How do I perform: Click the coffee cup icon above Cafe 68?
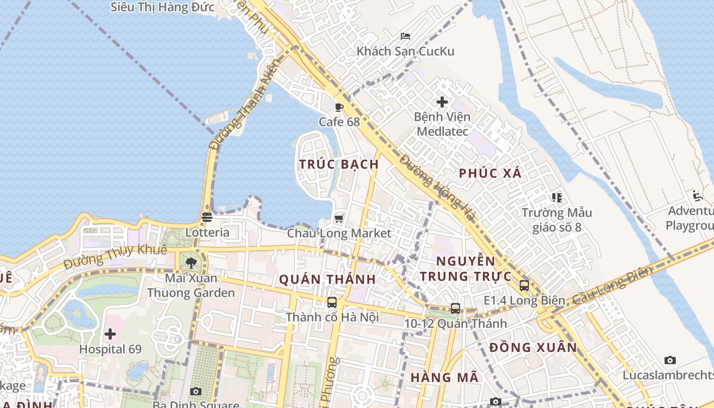339,107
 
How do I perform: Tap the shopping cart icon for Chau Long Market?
339,218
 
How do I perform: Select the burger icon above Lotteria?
207,217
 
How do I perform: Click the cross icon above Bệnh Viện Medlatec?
442,102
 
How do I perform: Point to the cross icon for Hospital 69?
110,335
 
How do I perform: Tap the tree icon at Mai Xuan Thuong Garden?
191,263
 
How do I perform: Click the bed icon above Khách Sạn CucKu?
405,36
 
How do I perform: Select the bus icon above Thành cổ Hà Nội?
332,302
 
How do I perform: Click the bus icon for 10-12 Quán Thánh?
455,308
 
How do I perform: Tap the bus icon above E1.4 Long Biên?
524,285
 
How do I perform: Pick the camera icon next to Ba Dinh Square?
195,391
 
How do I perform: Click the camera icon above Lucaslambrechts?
670,360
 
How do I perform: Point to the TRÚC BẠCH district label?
339,164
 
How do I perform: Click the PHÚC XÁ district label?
490,173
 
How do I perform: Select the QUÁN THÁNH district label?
327,279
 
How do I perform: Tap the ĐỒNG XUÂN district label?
533,348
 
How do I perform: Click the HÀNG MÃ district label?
445,377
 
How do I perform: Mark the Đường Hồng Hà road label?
437,188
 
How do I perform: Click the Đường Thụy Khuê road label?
115,257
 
